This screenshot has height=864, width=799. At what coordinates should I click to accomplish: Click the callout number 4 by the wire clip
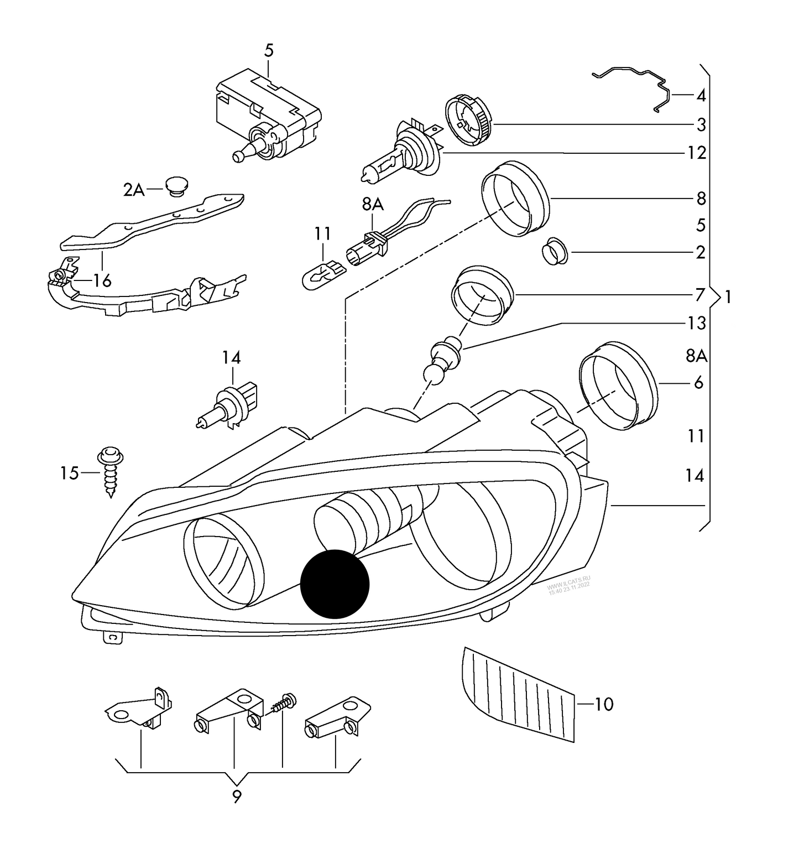click(701, 96)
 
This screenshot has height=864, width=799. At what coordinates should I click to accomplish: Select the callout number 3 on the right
click(701, 124)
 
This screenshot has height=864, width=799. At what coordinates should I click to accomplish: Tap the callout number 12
click(697, 153)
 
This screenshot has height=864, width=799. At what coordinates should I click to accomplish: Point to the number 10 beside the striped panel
click(604, 704)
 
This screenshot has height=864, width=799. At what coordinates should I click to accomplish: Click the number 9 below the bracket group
click(237, 797)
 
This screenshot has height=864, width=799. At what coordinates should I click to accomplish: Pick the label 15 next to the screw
click(70, 473)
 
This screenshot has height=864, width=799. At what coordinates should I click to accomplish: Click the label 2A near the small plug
click(133, 190)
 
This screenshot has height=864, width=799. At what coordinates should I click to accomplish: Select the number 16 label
click(102, 281)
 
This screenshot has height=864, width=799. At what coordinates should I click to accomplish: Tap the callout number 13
click(697, 322)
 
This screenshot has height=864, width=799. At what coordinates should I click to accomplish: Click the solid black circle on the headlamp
click(334, 583)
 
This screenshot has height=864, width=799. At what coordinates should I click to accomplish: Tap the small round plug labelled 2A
click(177, 186)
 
